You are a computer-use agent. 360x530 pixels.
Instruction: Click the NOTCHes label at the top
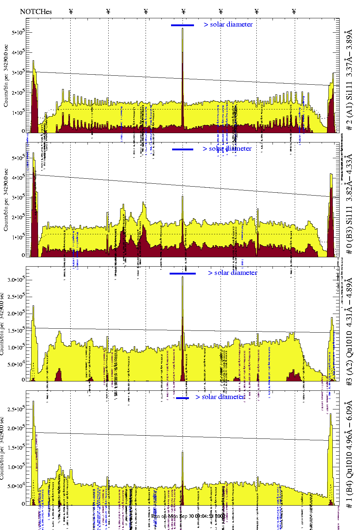36,11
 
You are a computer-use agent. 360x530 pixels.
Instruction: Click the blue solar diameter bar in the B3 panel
183,149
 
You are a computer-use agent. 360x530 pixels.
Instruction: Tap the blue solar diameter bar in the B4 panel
183,398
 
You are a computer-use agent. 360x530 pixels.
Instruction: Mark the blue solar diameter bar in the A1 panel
183,25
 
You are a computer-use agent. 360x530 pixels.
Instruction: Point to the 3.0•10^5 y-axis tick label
16,280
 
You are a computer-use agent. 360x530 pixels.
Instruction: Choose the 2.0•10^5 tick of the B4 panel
16,428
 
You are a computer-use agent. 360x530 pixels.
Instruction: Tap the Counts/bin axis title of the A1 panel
6,75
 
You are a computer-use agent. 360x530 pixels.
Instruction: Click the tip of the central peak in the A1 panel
183,28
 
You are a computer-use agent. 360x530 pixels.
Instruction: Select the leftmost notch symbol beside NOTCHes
71,11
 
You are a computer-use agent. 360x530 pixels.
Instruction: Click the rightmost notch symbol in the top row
294,11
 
